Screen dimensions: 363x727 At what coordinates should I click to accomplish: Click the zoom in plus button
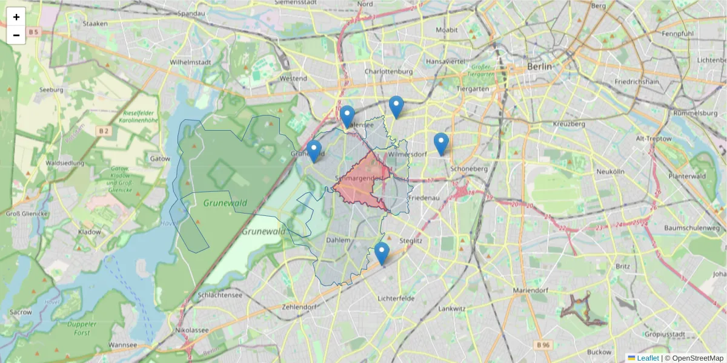pyautogui.click(x=16, y=17)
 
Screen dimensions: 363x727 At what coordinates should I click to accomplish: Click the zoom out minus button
pyautogui.click(x=16, y=35)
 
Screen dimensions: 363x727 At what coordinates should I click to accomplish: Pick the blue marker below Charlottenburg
pyautogui.click(x=396, y=107)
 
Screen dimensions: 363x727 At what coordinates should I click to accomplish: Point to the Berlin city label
pyautogui.click(x=539, y=67)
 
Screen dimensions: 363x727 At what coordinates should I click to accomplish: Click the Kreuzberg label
pyautogui.click(x=569, y=124)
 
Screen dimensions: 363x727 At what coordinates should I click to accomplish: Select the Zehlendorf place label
pyautogui.click(x=299, y=307)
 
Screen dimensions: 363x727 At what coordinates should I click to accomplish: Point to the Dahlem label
pyautogui.click(x=338, y=240)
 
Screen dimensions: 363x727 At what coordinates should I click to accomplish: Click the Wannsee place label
pyautogui.click(x=122, y=345)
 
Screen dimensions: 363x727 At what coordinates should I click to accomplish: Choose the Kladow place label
pyautogui.click(x=90, y=232)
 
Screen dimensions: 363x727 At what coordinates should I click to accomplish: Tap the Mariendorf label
pyautogui.click(x=530, y=290)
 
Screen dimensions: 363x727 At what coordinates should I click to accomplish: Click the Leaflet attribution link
pyautogui.click(x=648, y=358)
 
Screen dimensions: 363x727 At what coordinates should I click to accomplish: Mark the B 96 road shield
pyautogui.click(x=544, y=345)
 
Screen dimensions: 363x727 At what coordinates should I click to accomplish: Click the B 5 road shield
pyautogui.click(x=33, y=31)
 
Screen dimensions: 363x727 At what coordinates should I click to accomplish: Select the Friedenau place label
pyautogui.click(x=423, y=198)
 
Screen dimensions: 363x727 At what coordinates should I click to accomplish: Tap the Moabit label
pyautogui.click(x=446, y=29)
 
